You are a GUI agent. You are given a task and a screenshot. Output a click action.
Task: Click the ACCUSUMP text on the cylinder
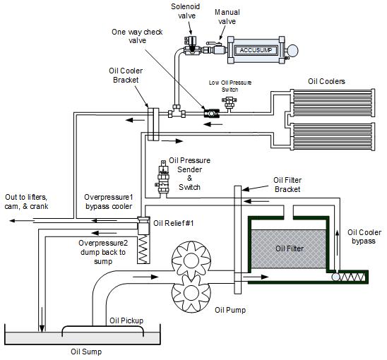click(256, 50)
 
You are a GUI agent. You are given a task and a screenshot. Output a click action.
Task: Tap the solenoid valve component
click(191, 46)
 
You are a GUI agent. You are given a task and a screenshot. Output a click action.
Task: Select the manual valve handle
click(214, 44)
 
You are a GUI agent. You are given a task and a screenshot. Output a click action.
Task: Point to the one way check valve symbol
click(212, 113)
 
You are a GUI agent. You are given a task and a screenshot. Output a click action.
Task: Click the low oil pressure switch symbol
click(229, 103)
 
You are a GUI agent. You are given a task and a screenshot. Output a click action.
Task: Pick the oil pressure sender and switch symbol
click(163, 178)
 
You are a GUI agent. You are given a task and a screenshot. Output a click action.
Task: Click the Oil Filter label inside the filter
click(290, 248)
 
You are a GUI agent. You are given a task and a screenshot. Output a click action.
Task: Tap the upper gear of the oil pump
click(191, 260)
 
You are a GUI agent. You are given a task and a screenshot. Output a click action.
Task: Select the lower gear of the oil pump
click(191, 293)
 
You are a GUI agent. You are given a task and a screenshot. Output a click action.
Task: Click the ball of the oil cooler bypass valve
click(335, 277)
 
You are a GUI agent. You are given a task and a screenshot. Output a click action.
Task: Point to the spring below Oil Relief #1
click(143, 249)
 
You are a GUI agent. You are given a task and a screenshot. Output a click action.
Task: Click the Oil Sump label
click(86, 352)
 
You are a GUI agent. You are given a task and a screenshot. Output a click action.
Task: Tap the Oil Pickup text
click(126, 320)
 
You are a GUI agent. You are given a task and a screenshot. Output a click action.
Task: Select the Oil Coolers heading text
click(326, 81)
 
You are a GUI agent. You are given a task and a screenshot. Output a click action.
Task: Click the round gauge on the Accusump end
click(292, 50)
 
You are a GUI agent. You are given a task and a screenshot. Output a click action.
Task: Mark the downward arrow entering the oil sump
click(42, 319)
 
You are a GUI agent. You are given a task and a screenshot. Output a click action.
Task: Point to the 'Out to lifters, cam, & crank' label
click(26, 202)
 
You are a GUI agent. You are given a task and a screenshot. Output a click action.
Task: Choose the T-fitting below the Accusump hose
click(177, 112)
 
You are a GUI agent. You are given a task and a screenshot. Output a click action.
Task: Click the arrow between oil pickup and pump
click(145, 277)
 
